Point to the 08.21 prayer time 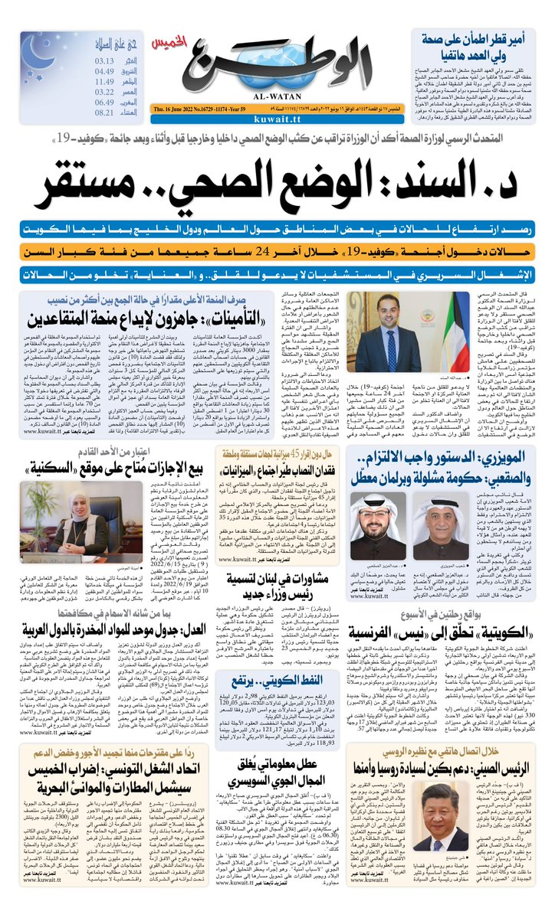pos(106,113)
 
